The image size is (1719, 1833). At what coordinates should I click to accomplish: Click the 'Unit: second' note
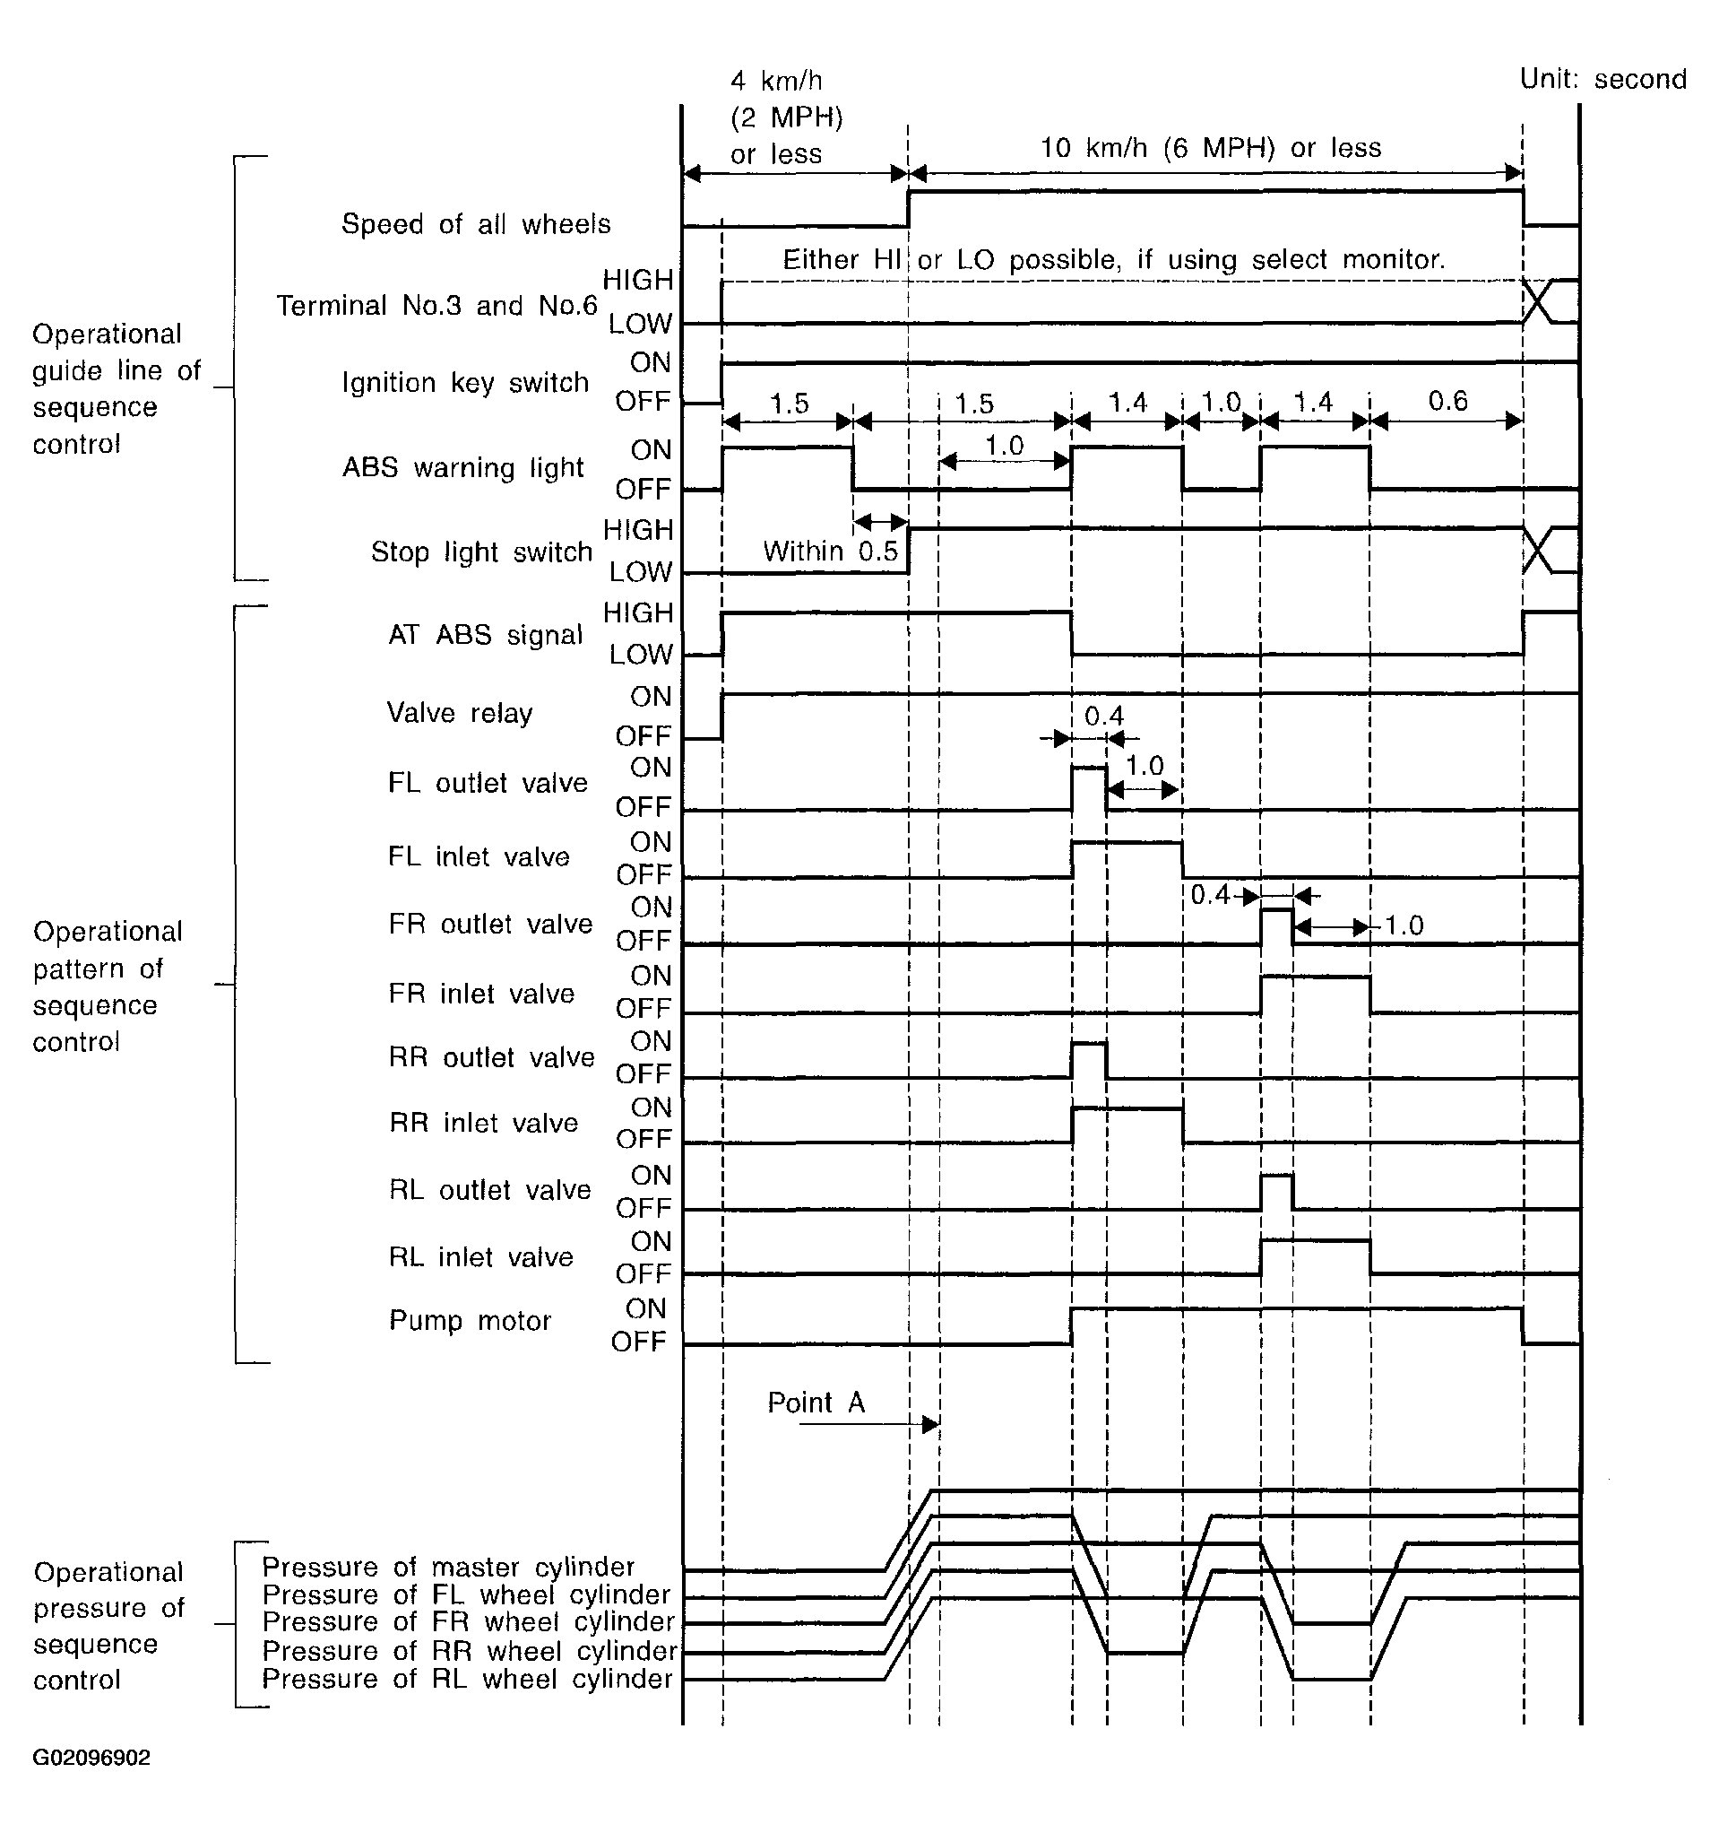[1602, 79]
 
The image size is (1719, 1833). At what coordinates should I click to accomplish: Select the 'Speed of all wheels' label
[476, 224]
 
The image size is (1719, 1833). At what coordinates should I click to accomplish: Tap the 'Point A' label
[816, 1403]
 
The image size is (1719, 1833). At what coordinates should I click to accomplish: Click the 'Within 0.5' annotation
[830, 552]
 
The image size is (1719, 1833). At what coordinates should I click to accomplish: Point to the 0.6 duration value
[1447, 401]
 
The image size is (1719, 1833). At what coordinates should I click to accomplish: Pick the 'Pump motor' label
[469, 1320]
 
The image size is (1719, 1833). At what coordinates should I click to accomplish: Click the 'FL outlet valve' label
[488, 783]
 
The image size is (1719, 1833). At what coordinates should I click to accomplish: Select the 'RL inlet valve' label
[481, 1256]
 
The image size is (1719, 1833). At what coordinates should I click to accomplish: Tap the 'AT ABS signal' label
[485, 634]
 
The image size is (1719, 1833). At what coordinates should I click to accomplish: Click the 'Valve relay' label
[459, 713]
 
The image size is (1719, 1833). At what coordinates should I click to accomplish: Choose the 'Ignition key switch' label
[464, 382]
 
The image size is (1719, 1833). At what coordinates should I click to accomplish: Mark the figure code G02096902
[91, 1758]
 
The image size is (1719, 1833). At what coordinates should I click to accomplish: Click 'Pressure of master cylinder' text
[448, 1567]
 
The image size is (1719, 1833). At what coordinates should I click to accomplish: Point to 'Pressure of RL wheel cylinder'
[467, 1678]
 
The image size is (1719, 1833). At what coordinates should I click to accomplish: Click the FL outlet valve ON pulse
[1090, 786]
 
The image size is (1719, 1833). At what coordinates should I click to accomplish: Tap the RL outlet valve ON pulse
[1276, 1191]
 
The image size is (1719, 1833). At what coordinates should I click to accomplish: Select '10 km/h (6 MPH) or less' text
[1210, 148]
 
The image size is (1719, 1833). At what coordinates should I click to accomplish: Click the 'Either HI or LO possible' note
[1113, 260]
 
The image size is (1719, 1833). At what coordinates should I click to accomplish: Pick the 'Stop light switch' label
[481, 552]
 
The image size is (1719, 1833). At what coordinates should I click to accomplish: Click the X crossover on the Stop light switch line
[1537, 552]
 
